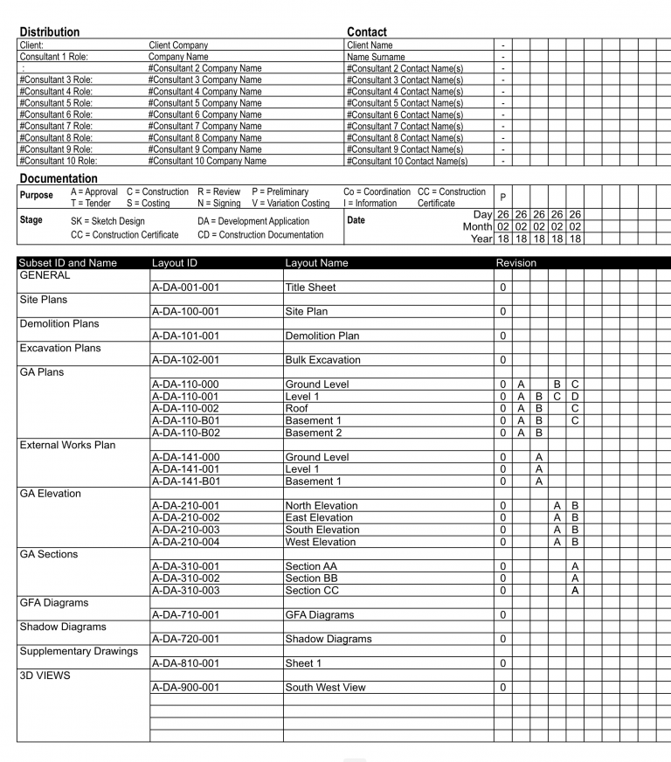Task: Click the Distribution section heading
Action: point(49,31)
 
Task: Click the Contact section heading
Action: point(367,31)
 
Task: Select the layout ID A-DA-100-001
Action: point(185,311)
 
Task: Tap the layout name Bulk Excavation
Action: point(322,359)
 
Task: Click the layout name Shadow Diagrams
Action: point(328,639)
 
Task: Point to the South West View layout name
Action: point(325,687)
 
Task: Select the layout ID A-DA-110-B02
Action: point(185,433)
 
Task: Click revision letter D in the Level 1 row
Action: point(575,396)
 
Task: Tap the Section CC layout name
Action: point(311,590)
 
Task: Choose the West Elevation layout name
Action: point(321,542)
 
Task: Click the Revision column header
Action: point(516,263)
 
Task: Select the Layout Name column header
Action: point(316,263)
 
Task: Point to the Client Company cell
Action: point(178,45)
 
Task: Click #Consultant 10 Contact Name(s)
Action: point(407,161)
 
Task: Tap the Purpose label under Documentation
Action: point(37,195)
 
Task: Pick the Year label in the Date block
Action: point(482,239)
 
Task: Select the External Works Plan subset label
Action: point(67,445)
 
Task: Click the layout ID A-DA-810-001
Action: point(185,663)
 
